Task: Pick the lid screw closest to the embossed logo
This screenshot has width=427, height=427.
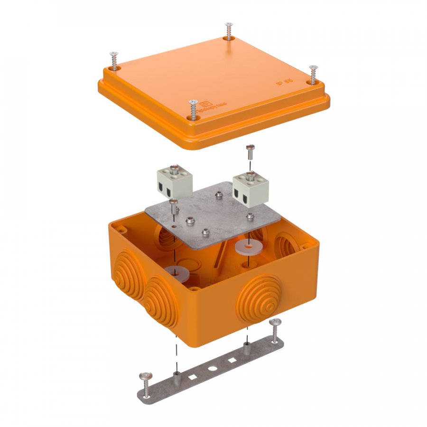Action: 193,109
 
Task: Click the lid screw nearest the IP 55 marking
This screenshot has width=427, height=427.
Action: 313,74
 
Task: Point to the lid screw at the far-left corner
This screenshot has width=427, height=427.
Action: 113,61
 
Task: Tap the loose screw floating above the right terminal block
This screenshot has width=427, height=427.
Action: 251,153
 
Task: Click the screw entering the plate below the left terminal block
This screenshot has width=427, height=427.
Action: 174,207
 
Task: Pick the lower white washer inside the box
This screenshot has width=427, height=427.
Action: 175,272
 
